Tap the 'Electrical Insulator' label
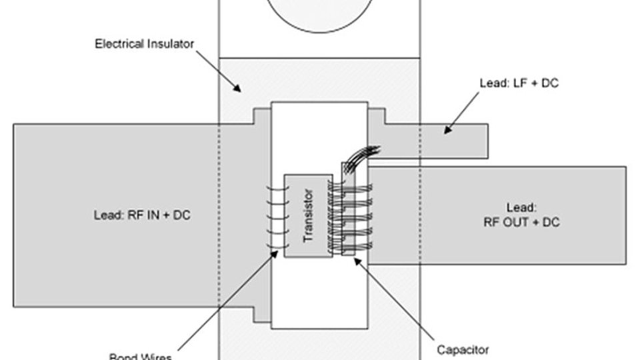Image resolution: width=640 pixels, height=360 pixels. [144, 45]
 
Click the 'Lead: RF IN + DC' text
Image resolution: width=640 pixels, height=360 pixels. [142, 215]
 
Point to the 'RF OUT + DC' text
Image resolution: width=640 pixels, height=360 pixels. [521, 222]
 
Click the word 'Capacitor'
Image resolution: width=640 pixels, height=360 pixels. [463, 349]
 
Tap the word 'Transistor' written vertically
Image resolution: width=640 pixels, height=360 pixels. [308, 215]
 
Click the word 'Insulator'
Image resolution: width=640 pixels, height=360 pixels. [169, 45]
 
